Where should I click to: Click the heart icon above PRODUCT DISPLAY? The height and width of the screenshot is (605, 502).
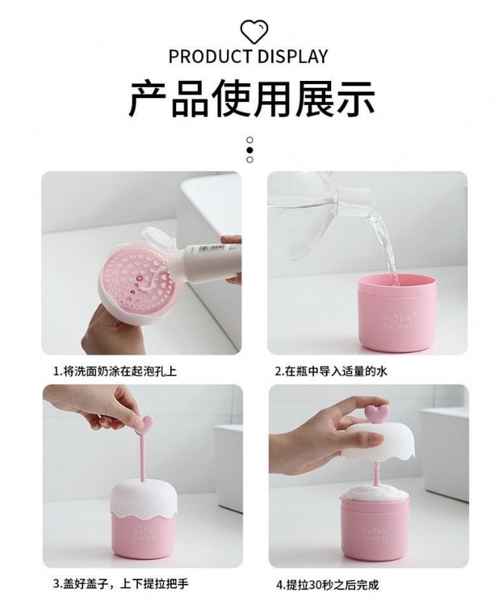point(254,32)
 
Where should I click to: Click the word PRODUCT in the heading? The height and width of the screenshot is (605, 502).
point(210,56)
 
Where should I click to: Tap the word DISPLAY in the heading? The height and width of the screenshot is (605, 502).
point(293,56)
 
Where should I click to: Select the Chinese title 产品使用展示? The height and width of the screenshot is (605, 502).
point(251,99)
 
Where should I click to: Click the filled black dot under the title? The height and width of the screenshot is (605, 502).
point(249,150)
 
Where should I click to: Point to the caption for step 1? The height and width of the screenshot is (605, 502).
point(115,371)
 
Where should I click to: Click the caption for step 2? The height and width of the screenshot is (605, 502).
point(330,371)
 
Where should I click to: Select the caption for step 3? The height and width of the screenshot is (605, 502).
point(120,583)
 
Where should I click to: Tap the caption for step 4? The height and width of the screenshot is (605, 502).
point(327,585)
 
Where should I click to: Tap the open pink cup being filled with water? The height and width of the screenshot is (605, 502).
point(393,312)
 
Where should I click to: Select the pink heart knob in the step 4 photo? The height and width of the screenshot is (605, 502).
point(376,413)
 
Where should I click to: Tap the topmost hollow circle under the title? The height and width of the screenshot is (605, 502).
point(249,140)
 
